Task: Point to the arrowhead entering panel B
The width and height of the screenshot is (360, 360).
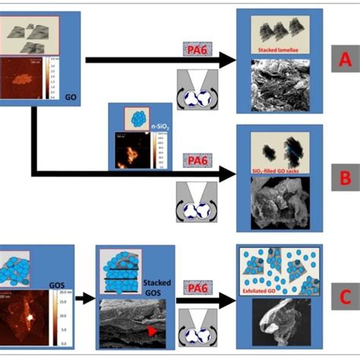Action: tap(230, 175)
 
